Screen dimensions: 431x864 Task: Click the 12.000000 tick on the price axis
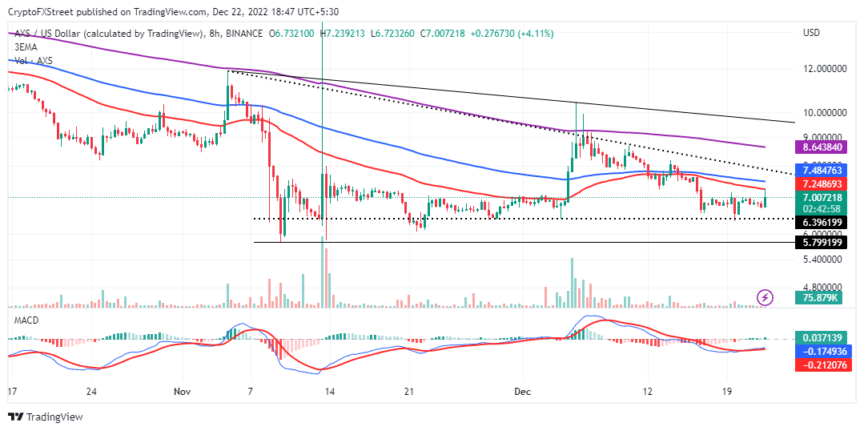click(x=825, y=69)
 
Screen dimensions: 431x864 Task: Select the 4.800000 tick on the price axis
click(x=825, y=286)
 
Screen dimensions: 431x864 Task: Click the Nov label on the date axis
click(x=183, y=392)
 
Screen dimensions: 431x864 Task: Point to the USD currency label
click(x=811, y=33)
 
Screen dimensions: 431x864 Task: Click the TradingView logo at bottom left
click(x=45, y=417)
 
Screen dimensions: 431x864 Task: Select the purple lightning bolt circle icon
click(x=766, y=297)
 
